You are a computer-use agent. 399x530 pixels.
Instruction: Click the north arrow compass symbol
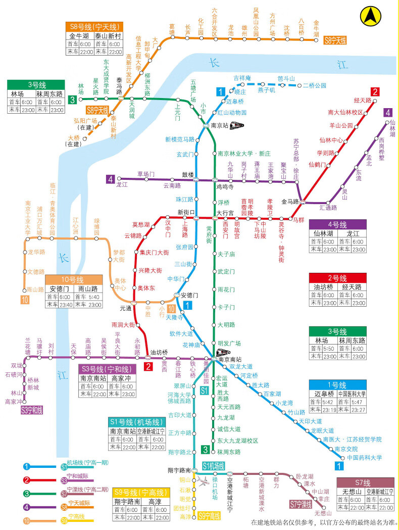click(x=370, y=16)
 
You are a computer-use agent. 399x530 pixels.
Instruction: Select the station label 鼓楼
click(x=188, y=175)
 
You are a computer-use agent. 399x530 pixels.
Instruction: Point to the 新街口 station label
click(x=186, y=212)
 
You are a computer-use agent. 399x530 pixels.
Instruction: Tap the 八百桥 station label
click(x=302, y=28)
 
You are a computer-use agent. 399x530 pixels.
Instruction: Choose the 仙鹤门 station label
click(x=317, y=164)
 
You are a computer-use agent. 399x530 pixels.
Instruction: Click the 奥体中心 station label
click(x=120, y=284)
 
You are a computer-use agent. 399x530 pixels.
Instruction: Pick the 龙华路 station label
click(x=36, y=252)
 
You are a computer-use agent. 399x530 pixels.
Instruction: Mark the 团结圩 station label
click(x=182, y=508)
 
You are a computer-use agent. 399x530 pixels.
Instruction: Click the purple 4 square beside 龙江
click(x=111, y=179)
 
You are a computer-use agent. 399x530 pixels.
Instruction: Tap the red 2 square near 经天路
click(x=375, y=91)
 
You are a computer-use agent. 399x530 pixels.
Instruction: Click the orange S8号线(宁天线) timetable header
click(x=94, y=27)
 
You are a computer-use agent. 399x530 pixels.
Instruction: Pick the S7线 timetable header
click(x=365, y=483)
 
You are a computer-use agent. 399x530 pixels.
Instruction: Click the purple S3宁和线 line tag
click(x=31, y=410)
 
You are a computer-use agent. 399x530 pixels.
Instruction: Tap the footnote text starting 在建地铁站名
click(x=324, y=522)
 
